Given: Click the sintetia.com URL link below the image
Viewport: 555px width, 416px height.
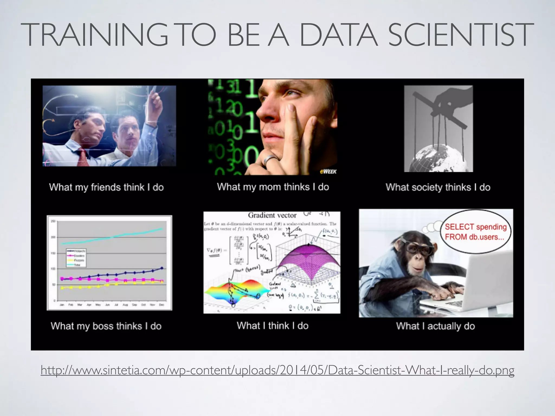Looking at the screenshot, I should (x=277, y=370).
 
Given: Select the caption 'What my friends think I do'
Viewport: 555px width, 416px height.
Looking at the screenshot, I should (x=107, y=187).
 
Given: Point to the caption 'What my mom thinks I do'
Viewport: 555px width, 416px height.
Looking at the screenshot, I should (x=273, y=187).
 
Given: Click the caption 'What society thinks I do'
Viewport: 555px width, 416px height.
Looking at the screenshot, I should (x=438, y=187).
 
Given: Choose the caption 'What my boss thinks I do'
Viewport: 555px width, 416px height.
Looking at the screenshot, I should (x=106, y=326).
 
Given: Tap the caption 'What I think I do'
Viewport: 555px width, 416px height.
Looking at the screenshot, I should (x=273, y=325).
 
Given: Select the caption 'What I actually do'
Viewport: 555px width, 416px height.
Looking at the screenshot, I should (x=435, y=326).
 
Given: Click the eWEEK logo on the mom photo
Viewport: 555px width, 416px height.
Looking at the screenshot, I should (x=328, y=171).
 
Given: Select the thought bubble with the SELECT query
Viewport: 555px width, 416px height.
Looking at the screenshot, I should (x=476, y=232).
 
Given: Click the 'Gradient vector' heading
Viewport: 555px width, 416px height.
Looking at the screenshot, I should (x=272, y=215).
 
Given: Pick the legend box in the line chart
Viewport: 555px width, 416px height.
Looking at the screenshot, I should (x=76, y=258).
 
